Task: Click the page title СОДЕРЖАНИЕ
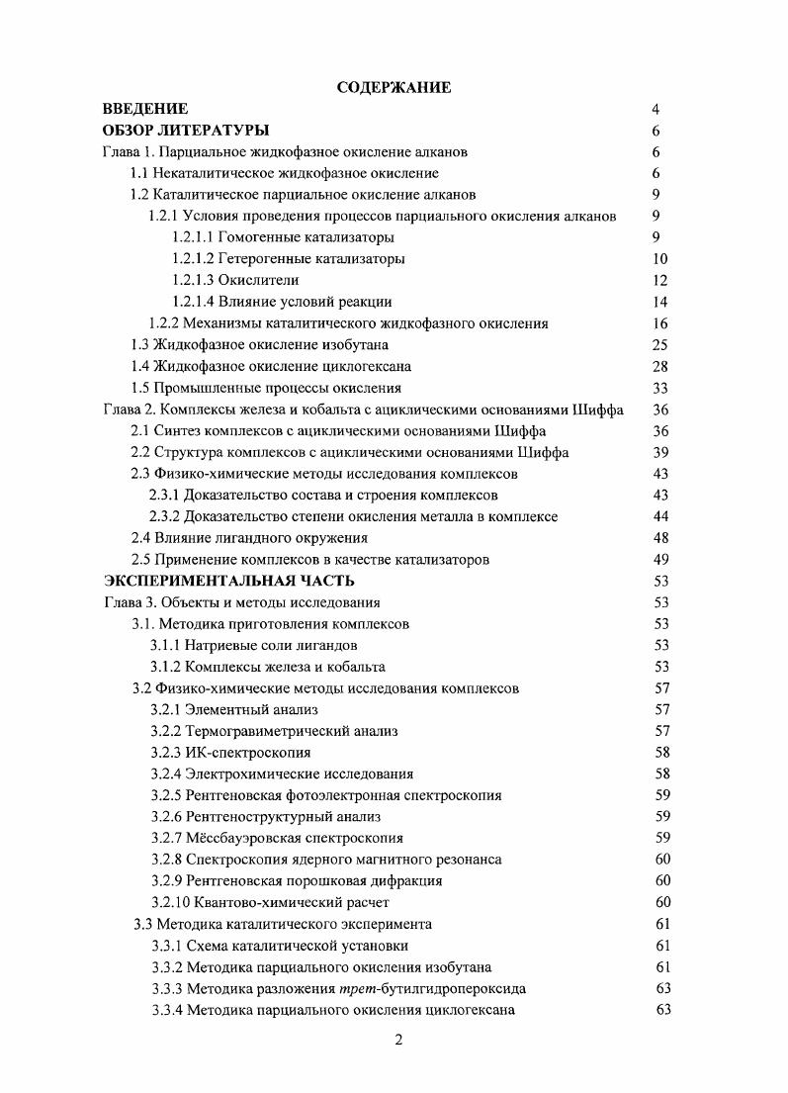point(394,88)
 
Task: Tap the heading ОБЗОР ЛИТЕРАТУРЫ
point(187,131)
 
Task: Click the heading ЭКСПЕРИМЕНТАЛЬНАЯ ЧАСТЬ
point(229,581)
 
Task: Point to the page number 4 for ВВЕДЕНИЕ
point(656,109)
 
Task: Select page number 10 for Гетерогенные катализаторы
point(660,259)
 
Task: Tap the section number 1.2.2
point(166,323)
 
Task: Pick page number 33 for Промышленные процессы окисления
point(660,388)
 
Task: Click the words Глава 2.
point(130,410)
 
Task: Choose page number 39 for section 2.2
point(660,452)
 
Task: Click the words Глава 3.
point(130,602)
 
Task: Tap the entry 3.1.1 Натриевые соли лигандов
point(254,645)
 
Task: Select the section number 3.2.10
point(172,902)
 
